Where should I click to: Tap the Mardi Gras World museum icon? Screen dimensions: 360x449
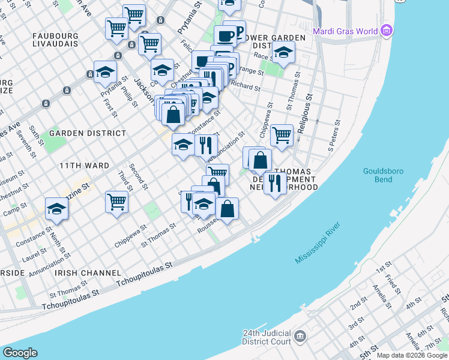[x=387, y=31]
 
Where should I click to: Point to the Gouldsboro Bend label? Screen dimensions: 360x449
[x=378, y=175]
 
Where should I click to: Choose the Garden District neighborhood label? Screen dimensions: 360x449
[x=88, y=133]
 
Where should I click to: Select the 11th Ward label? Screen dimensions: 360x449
[x=84, y=165]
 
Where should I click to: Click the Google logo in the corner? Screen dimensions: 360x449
[x=20, y=353]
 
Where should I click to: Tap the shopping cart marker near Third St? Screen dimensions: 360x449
[x=116, y=201]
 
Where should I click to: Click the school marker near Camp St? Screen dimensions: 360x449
[x=56, y=208]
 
